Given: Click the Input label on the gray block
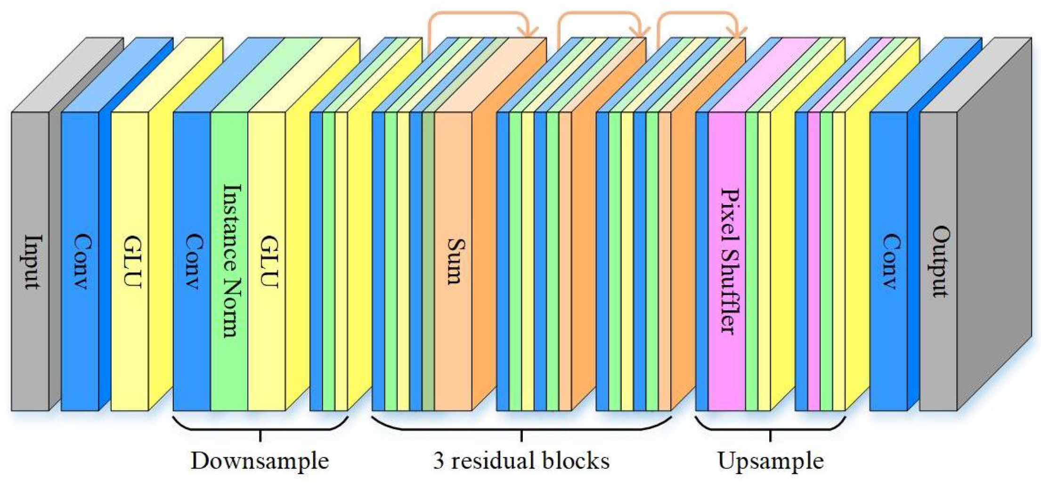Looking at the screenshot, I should (x=31, y=262).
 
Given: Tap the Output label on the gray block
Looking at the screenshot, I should (x=940, y=262).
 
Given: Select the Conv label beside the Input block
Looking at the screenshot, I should (x=81, y=261).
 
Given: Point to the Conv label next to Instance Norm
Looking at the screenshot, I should (x=193, y=261).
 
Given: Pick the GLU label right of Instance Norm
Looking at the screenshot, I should (x=268, y=261).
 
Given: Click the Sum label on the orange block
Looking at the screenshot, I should (x=454, y=262).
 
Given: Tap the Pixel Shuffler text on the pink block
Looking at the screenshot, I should (x=728, y=262).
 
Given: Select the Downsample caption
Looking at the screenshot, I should (x=260, y=460).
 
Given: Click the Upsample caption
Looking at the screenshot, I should (x=771, y=460).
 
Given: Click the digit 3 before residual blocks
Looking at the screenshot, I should (x=439, y=460).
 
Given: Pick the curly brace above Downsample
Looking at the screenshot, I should (x=260, y=427).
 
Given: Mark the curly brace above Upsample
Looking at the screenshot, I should (x=771, y=427).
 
